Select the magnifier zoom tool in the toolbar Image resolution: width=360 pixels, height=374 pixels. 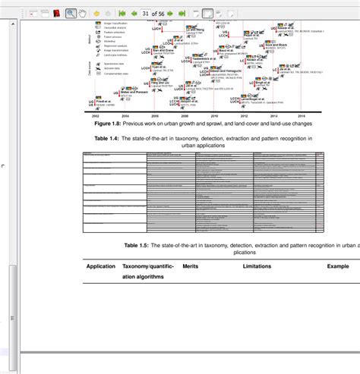tap(71, 13)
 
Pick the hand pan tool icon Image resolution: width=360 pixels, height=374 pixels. tap(83, 13)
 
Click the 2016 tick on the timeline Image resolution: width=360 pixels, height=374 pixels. tap(302, 115)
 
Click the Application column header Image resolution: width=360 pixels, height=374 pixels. tap(101, 266)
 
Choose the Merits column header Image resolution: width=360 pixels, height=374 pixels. tap(191, 266)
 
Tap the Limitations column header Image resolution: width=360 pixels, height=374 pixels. tap(257, 266)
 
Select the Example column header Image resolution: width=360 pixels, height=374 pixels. tap(338, 266)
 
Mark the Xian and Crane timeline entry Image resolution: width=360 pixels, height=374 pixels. tap(165, 51)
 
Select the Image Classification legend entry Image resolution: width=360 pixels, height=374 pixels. tap(118, 24)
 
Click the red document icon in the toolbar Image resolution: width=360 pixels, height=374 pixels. tap(56, 13)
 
